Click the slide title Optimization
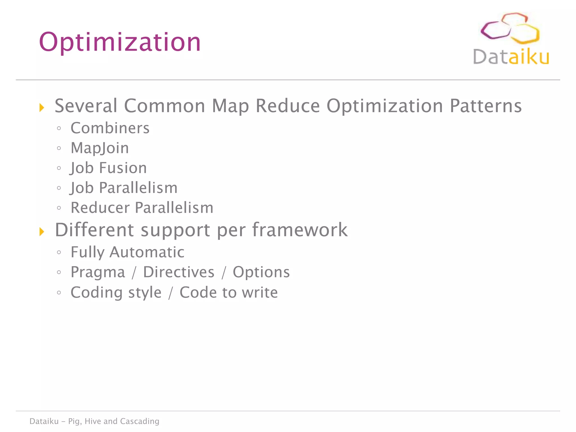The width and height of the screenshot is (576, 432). tap(120, 42)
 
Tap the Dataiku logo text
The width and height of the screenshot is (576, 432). tap(511, 57)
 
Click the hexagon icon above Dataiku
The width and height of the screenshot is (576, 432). tap(510, 28)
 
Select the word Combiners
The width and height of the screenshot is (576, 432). tap(110, 128)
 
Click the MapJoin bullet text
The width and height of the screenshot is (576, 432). tap(100, 148)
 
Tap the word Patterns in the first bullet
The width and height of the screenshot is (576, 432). tap(486, 106)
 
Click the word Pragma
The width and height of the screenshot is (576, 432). tap(98, 272)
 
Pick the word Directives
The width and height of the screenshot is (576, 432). tap(179, 272)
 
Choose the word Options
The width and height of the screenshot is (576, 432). tap(261, 272)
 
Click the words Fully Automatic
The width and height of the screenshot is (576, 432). tap(127, 252)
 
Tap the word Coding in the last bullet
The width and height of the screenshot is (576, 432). tap(96, 292)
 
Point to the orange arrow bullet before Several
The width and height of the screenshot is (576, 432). tap(42, 107)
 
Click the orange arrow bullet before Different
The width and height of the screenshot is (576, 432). tap(42, 232)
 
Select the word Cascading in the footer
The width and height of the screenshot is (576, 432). tap(139, 421)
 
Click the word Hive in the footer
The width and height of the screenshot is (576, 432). tap(93, 421)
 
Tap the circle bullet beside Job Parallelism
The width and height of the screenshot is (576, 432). tap(59, 188)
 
